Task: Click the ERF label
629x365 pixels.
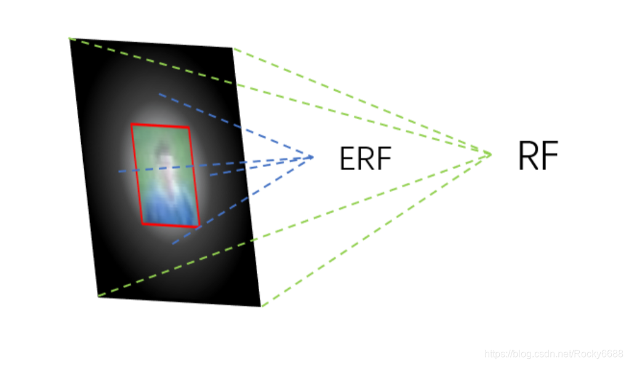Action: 365,159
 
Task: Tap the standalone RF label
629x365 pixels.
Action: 538,157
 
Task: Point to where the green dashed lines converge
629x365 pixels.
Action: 491,153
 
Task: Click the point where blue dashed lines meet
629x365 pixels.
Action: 313,157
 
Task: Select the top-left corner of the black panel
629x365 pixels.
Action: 70,39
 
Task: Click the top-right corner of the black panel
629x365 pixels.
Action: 233,48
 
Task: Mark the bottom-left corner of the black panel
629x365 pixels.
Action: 98,296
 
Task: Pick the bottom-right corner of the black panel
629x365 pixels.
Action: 261,306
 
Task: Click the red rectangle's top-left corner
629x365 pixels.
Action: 131,124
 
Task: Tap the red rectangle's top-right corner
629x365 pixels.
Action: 188,127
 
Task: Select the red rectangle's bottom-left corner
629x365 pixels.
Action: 142,224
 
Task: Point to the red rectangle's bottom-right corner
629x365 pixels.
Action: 199,227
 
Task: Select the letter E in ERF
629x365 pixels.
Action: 347,159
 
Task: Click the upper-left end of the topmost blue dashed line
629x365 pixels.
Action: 159,94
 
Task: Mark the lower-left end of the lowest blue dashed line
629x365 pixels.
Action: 172,244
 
